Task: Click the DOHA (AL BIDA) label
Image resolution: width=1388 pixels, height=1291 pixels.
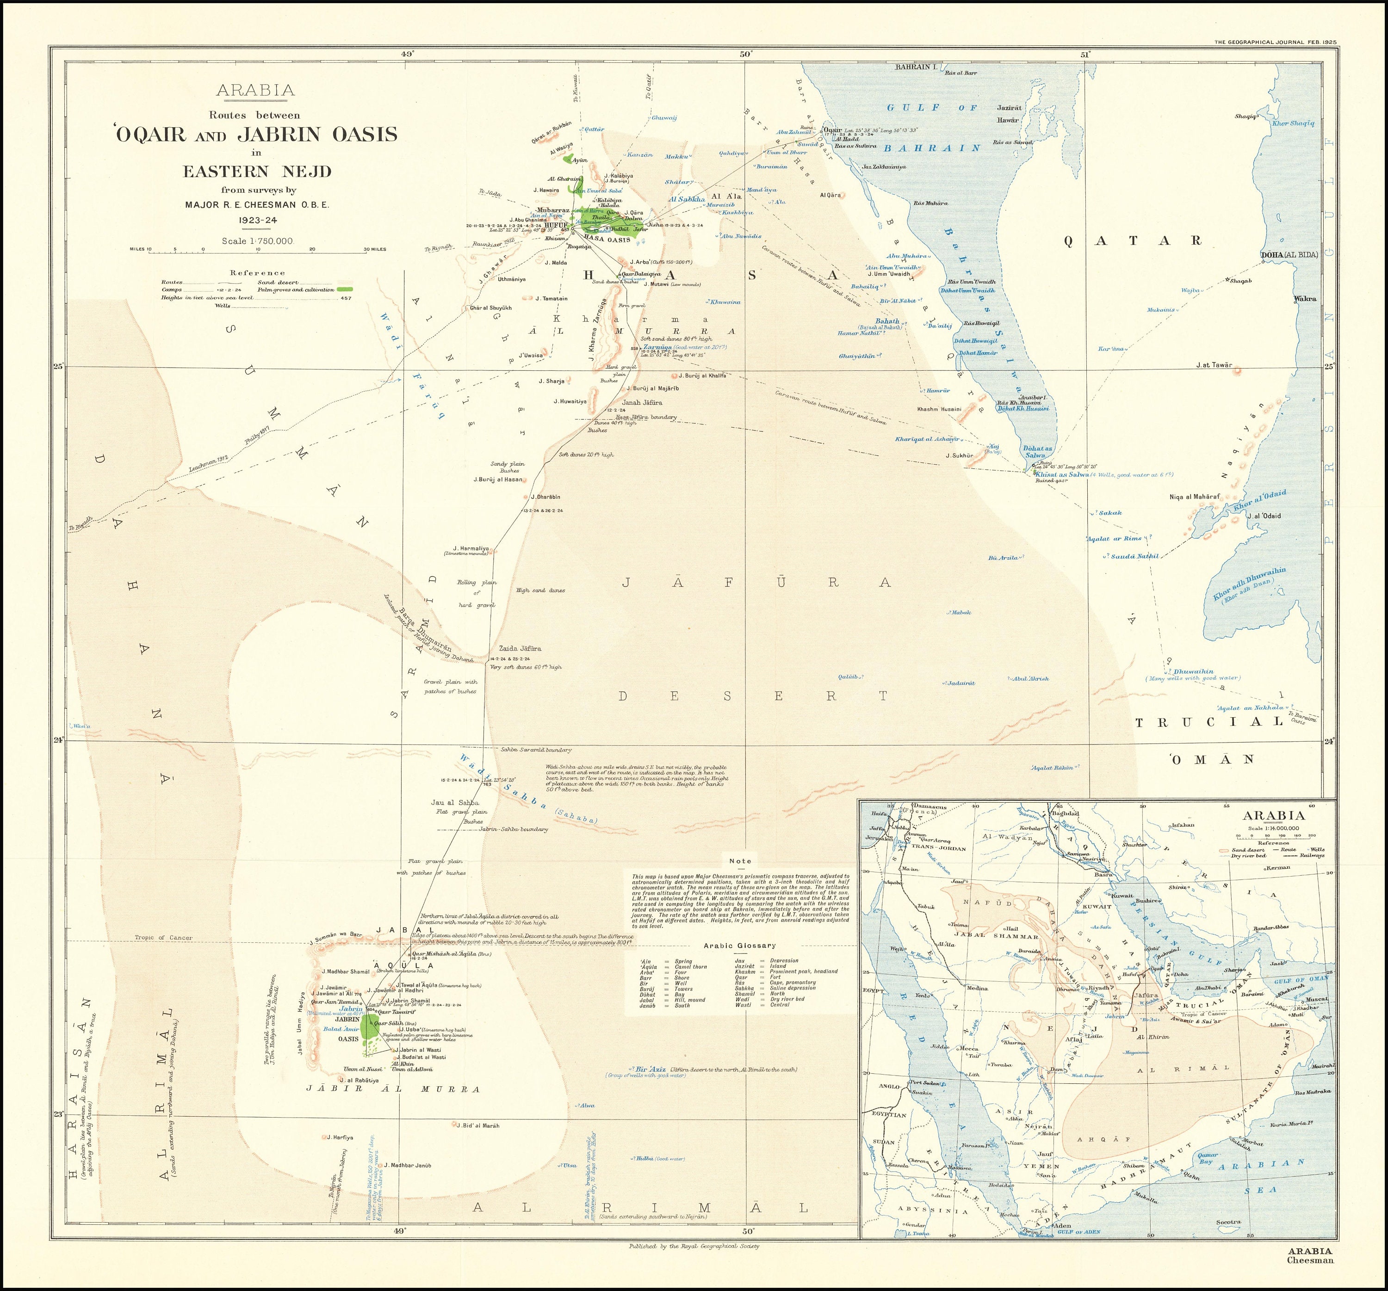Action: coord(1289,255)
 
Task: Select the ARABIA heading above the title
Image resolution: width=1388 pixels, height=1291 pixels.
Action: coord(255,90)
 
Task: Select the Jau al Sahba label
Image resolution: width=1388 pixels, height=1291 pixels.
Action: coord(455,803)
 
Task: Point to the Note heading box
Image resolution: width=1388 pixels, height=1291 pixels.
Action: coord(740,861)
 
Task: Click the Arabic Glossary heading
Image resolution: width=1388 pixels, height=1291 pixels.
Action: coord(739,946)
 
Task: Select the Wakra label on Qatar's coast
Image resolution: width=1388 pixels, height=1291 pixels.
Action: coord(1305,299)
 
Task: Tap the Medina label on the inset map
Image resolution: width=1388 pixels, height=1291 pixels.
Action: coord(978,988)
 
